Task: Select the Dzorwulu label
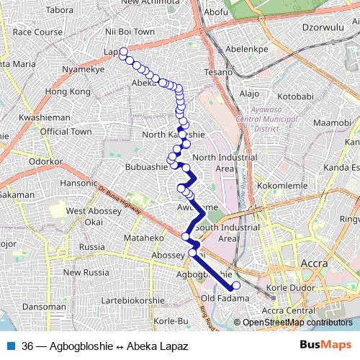click(x=321, y=28)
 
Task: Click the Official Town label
click(x=66, y=132)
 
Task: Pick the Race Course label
click(x=37, y=32)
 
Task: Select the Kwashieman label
click(x=44, y=117)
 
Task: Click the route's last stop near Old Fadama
click(x=235, y=286)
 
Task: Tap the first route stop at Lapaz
click(x=123, y=51)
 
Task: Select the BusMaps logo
click(x=325, y=346)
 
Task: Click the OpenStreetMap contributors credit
click(x=297, y=323)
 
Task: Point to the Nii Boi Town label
click(x=130, y=32)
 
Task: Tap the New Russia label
click(x=86, y=272)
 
